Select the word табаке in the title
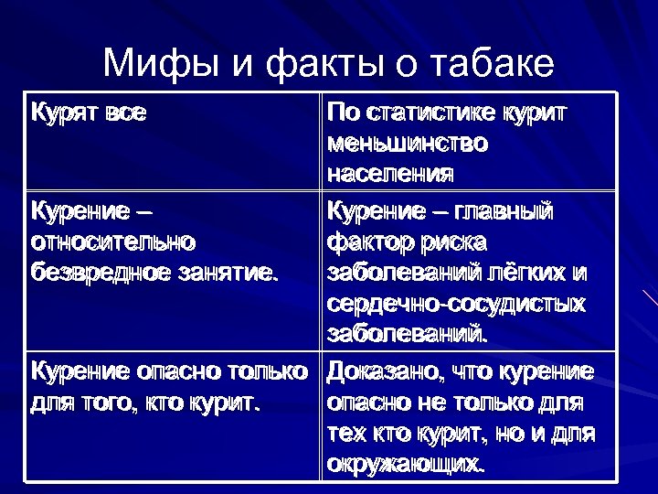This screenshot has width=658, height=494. click(x=489, y=65)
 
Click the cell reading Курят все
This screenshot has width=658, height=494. click(x=89, y=113)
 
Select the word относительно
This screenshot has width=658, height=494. click(x=113, y=242)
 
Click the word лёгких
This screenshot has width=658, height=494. click(x=527, y=273)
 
